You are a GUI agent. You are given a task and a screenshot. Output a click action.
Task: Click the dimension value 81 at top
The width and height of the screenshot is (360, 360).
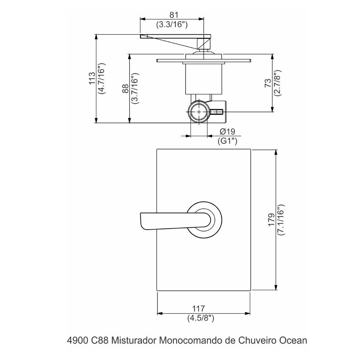174,15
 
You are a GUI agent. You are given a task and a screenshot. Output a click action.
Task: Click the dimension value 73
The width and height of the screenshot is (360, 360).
268,83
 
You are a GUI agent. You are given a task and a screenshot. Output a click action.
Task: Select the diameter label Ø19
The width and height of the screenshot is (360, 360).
227,131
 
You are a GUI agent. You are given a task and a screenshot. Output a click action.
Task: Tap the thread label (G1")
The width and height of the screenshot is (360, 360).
227,141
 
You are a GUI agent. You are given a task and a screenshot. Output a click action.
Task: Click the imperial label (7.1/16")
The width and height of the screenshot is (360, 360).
281,220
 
